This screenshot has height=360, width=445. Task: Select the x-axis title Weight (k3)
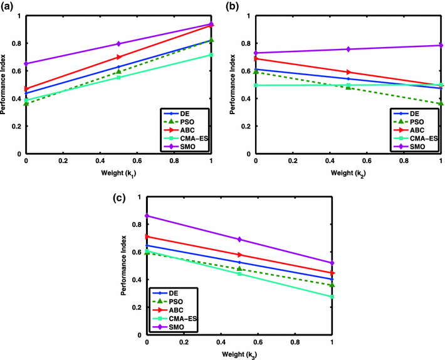pyautogui.click(x=239, y=355)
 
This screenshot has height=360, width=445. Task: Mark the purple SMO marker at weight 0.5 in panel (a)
pyautogui.click(x=118, y=44)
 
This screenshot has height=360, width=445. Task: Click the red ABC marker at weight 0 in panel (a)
pyautogui.click(x=26, y=89)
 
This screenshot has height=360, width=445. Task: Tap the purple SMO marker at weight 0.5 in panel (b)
pyautogui.click(x=347, y=49)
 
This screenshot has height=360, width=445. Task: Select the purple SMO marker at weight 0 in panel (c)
pyautogui.click(x=147, y=216)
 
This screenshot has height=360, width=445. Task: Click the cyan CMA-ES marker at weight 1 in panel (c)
pyautogui.click(x=332, y=296)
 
